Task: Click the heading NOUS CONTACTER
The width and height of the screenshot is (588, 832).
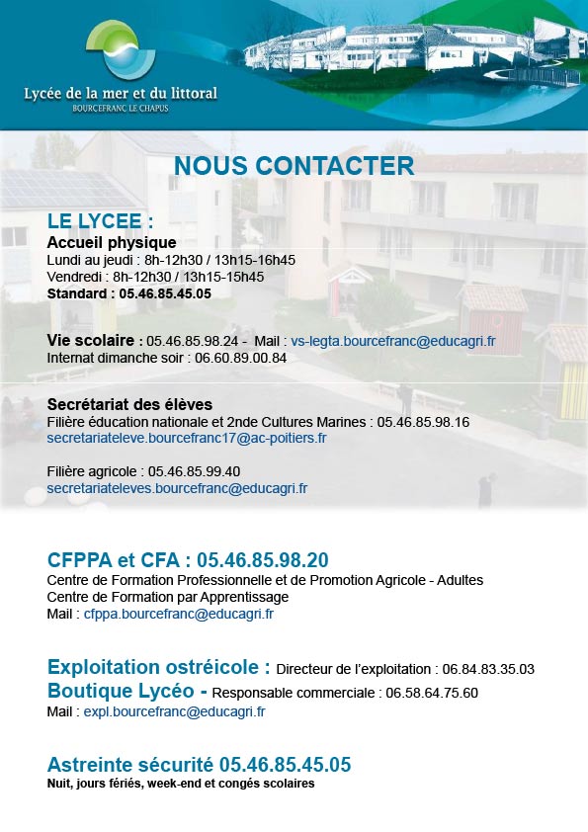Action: click(294, 165)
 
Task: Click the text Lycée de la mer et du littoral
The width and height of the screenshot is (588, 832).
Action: click(121, 93)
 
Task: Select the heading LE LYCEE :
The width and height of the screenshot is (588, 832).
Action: click(100, 219)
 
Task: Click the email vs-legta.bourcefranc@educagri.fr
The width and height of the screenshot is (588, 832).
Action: click(393, 341)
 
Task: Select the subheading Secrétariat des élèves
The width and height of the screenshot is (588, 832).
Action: click(129, 404)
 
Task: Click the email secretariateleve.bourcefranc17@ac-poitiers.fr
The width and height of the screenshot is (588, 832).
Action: click(187, 438)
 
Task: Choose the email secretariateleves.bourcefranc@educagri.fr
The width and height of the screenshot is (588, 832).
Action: click(177, 488)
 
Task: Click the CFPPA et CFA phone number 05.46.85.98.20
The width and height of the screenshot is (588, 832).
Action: click(263, 560)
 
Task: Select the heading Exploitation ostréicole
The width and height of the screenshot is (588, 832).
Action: click(158, 666)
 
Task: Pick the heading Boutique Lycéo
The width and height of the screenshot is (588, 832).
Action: click(126, 691)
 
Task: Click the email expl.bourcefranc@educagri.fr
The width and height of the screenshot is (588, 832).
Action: click(174, 710)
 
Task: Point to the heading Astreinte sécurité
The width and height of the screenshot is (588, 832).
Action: click(130, 765)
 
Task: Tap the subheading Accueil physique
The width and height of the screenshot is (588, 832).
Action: click(112, 242)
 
